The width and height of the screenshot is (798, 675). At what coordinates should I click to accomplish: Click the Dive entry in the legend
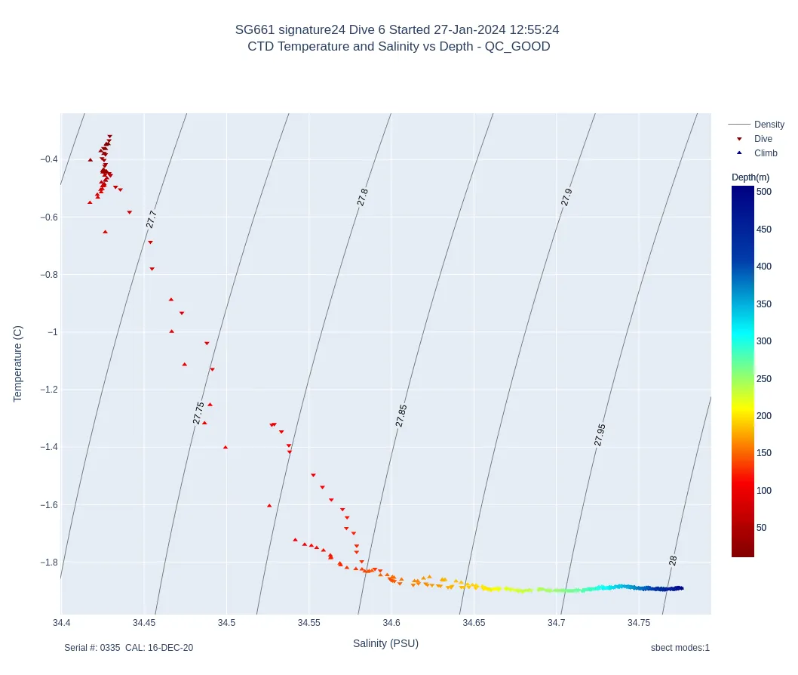[x=763, y=139]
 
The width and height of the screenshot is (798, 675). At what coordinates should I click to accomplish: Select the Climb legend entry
[x=765, y=153]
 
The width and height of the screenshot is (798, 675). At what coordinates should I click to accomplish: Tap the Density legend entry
[x=769, y=125]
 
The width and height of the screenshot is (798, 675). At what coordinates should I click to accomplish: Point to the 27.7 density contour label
[x=152, y=219]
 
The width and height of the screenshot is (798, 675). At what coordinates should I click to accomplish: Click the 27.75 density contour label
[x=198, y=413]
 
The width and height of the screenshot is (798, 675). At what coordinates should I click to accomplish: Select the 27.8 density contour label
[x=363, y=197]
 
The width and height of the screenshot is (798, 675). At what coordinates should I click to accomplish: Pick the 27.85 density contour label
[x=401, y=415]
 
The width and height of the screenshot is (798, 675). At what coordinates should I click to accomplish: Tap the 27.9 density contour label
[x=566, y=197]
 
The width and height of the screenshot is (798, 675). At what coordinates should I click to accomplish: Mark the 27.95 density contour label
[x=600, y=435]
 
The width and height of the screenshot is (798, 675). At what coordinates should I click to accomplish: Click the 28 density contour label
[x=673, y=560]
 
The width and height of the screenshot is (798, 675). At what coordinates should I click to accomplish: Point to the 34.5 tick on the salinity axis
[x=226, y=623]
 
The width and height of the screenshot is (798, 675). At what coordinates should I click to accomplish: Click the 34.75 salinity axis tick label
[x=639, y=623]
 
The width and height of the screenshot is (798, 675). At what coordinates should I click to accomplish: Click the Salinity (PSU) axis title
[x=385, y=643]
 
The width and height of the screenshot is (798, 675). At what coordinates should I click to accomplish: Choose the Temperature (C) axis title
[x=18, y=364]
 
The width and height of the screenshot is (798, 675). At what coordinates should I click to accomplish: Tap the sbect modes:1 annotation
[x=680, y=648]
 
